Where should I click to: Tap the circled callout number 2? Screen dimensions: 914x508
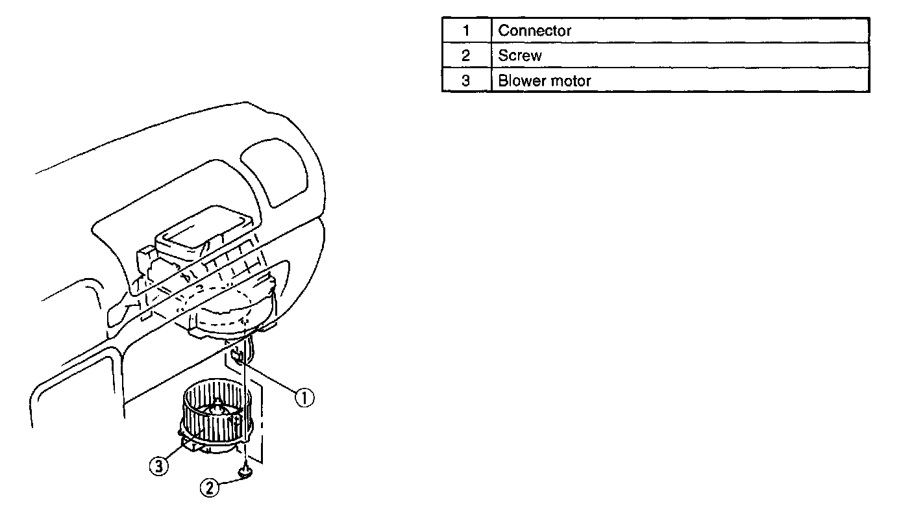click(210, 487)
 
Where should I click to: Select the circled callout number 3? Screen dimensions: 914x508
click(159, 465)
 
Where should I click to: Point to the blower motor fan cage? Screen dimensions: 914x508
click(215, 416)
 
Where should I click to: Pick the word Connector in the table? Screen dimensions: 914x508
click(534, 31)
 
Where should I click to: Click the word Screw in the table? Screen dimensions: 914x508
click(519, 56)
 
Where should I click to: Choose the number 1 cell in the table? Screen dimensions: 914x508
click(465, 31)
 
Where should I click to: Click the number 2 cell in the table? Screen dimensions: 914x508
click(465, 56)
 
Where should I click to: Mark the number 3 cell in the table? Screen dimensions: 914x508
click(465, 81)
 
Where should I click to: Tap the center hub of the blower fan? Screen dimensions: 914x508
click(216, 409)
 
